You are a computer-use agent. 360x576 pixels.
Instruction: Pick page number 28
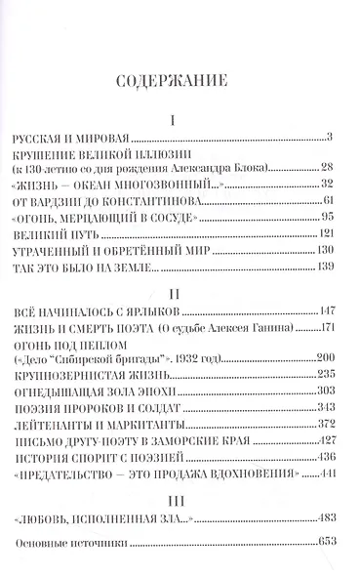tap(329, 168)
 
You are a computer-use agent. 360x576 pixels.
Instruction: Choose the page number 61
tap(329, 199)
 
